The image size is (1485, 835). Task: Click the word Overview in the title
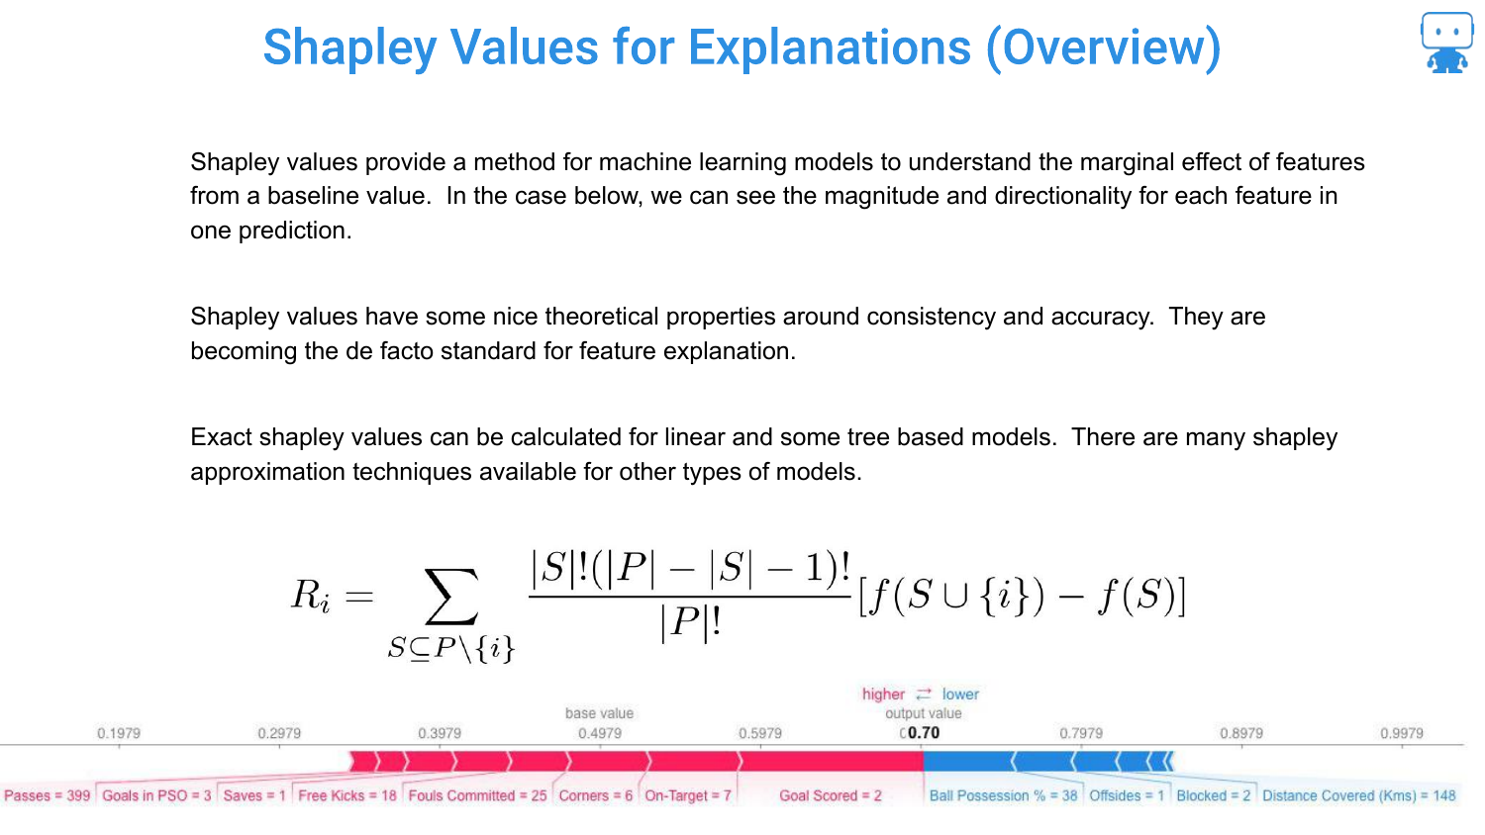[1103, 47]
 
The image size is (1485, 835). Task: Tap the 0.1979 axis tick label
[119, 733]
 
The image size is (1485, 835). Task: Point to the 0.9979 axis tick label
[1402, 733]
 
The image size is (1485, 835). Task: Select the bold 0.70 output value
[924, 732]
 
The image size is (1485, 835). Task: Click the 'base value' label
[599, 713]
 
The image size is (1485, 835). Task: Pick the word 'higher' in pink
[883, 694]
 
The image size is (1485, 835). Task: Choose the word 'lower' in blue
[960, 694]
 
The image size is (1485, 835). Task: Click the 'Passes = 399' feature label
[48, 795]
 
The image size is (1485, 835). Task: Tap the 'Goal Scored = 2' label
[830, 795]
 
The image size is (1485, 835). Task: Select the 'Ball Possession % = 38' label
[1003, 795]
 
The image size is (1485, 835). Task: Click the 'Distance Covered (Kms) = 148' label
[1359, 795]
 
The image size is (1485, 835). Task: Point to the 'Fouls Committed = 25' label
[477, 795]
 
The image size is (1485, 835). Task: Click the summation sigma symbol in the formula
[451, 597]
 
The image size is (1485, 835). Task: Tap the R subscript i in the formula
[310, 596]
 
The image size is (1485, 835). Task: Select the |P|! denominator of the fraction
[690, 623]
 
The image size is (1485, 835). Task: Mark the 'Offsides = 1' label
[1127, 795]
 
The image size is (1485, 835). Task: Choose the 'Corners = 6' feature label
[595, 795]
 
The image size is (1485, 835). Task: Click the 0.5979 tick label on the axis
[760, 733]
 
